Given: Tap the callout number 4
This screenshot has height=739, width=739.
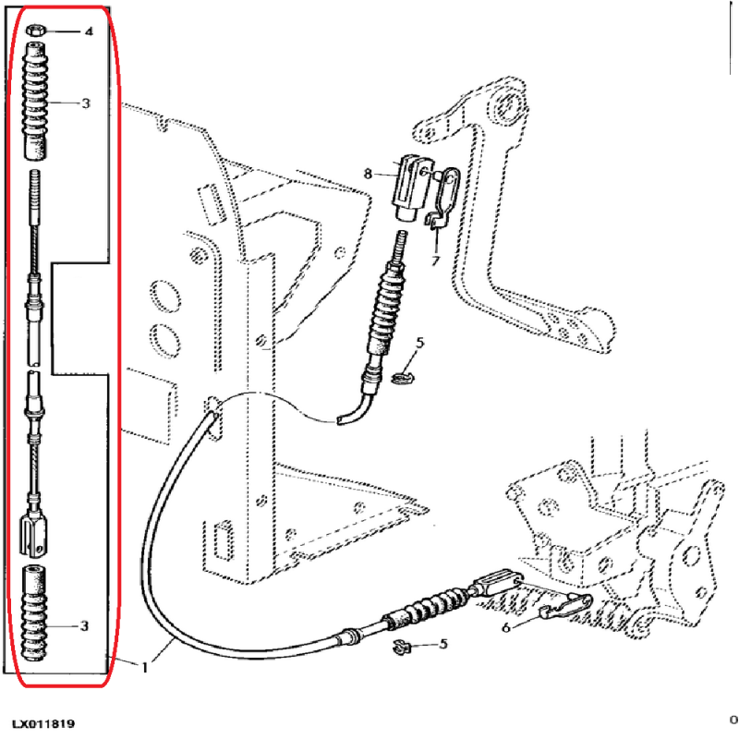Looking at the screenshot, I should point(89,32).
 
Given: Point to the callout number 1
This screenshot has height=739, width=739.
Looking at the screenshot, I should point(144,666).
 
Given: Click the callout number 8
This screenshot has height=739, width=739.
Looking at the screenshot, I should point(368,173).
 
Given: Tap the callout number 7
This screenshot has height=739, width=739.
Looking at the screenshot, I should point(433,261).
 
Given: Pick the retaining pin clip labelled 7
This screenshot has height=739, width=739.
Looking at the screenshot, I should point(441,198).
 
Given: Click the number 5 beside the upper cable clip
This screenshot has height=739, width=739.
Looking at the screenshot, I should point(419,344).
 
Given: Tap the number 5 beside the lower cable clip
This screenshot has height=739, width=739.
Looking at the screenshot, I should point(442,644).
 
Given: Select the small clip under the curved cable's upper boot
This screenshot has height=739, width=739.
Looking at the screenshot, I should point(399,377).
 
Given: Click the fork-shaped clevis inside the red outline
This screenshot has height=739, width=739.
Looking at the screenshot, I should point(33,533).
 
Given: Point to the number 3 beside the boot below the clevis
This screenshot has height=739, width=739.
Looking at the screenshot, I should point(84,626).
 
